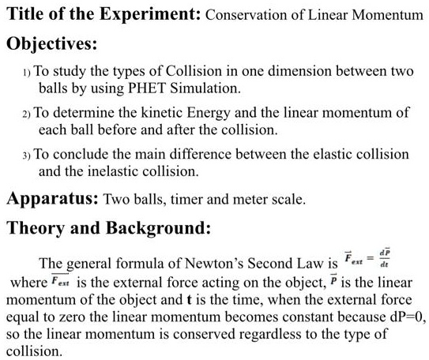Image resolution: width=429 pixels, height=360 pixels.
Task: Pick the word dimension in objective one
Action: coord(279,71)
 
